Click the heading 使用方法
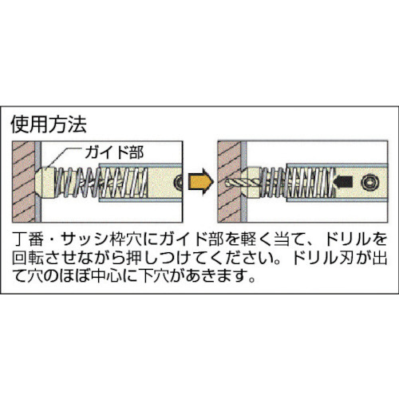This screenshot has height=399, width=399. (49, 124)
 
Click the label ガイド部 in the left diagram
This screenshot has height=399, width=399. (114, 152)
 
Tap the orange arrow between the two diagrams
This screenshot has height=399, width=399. (201, 182)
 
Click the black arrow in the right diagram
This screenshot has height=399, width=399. (343, 182)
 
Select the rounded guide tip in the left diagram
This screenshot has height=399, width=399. (45, 183)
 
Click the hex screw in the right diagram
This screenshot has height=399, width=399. (369, 183)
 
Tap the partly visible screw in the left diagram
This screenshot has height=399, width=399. (178, 183)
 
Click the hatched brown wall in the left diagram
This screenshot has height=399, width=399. (23, 182)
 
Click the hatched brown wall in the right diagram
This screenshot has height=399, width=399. (229, 182)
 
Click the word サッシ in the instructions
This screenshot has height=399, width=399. (84, 239)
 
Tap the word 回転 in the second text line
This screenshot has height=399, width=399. (28, 257)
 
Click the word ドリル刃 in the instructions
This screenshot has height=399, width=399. (322, 257)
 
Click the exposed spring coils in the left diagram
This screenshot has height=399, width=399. (77, 183)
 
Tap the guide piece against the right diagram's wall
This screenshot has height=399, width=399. (253, 183)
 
